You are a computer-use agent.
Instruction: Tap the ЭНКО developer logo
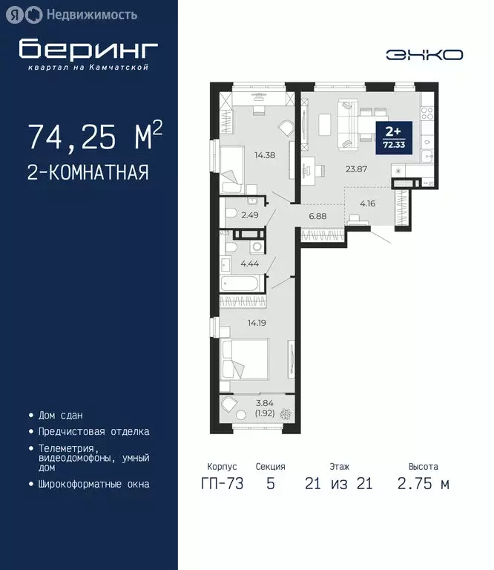coord(424,54)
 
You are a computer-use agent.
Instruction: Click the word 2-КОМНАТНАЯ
coord(88,173)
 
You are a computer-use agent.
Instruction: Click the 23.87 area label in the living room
coord(358,168)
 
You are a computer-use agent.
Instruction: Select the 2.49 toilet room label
coord(251,215)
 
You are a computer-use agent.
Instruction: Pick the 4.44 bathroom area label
coord(248,263)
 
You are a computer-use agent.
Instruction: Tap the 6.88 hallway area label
coord(317,216)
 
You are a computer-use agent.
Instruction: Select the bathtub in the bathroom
coord(240,283)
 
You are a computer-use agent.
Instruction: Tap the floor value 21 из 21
coord(338,485)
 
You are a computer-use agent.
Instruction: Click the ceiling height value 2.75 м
coord(423,485)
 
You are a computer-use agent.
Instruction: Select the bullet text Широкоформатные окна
coord(93,484)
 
